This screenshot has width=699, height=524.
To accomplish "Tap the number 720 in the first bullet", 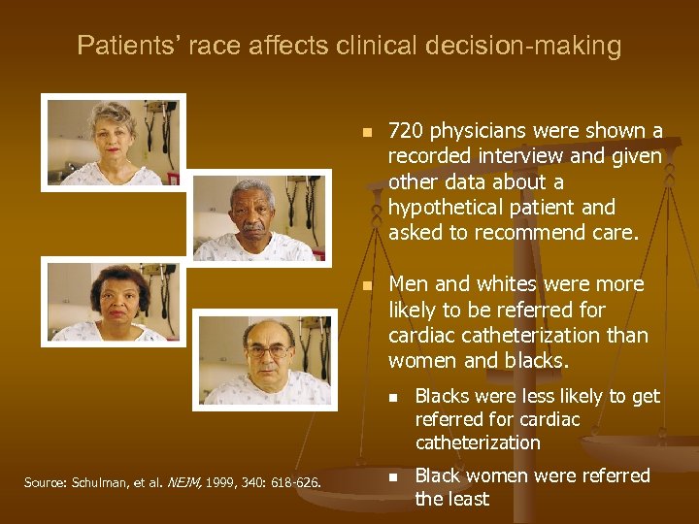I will click(406, 131).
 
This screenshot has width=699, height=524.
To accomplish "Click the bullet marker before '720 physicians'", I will click(365, 132).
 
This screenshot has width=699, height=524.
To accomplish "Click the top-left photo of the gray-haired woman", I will click(113, 143).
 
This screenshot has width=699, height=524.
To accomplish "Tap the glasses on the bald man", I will click(266, 350).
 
